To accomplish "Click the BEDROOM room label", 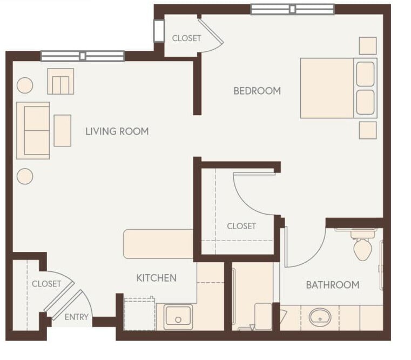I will (x=257, y=91).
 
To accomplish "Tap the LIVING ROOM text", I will (x=117, y=131).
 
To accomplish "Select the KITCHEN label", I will (x=156, y=278).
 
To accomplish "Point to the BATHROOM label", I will (x=332, y=285).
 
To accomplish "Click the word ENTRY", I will (x=76, y=317).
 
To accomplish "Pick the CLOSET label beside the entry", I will (x=46, y=284).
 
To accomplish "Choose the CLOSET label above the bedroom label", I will (x=186, y=38).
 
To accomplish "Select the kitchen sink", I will (x=178, y=316).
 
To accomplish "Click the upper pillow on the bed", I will (x=366, y=74).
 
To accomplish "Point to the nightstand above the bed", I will (x=368, y=45).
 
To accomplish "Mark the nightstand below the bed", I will (x=368, y=130).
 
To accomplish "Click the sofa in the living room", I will (x=33, y=130).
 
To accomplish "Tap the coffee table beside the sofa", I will (x=63, y=131).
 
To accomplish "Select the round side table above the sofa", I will (x=25, y=85).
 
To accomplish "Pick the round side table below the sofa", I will (x=25, y=177).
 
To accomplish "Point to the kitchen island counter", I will (x=158, y=244).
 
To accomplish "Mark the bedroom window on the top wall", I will (x=292, y=9).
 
